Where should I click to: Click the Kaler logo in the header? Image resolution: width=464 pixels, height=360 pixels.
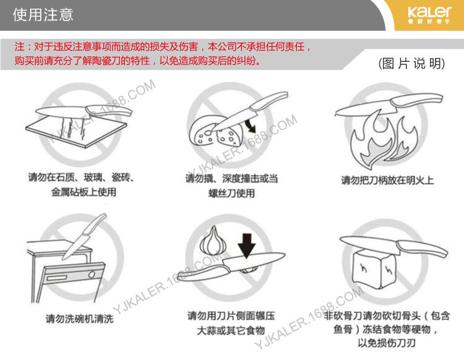coord(429,14)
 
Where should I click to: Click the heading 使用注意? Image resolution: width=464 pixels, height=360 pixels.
coord(43,14)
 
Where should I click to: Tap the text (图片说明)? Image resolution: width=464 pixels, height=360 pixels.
coord(411,63)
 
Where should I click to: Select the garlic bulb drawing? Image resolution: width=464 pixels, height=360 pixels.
coord(213,241)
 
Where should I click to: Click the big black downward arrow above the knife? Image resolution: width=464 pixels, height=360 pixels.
coord(246,245)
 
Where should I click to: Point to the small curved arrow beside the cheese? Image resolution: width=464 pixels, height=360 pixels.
coord(251,126)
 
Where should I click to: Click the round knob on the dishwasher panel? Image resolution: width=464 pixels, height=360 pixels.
coord(92,274)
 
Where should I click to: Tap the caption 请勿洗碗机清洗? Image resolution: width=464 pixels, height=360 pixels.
coord(80,319)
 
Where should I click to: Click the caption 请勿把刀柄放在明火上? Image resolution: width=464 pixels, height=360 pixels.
coord(387,180)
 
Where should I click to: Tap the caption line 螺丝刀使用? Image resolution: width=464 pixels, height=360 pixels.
coord(231,193)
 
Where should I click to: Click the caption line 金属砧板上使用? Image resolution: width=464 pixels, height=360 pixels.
coord(84,192)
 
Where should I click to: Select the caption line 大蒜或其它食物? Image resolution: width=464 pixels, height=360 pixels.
coord(231,330)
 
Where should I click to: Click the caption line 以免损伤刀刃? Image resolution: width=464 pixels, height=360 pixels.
coord(387,343)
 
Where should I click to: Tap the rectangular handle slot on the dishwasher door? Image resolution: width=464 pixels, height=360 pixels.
coord(56,278)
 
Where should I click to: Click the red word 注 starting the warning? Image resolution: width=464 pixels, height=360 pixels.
coord(20,47)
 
